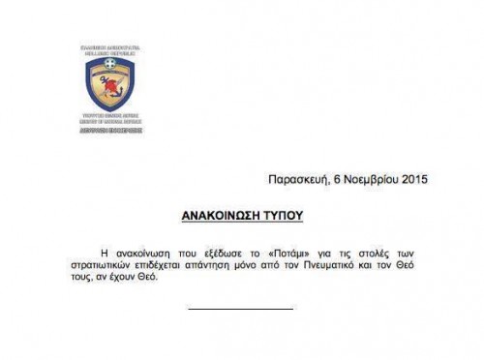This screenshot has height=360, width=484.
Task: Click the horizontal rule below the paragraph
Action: click(240, 309)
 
